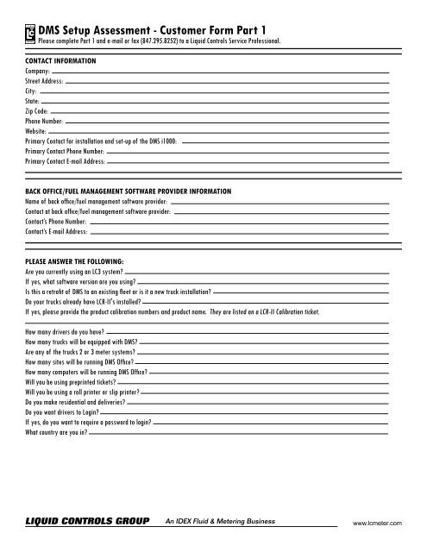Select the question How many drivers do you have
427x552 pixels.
(67, 331)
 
